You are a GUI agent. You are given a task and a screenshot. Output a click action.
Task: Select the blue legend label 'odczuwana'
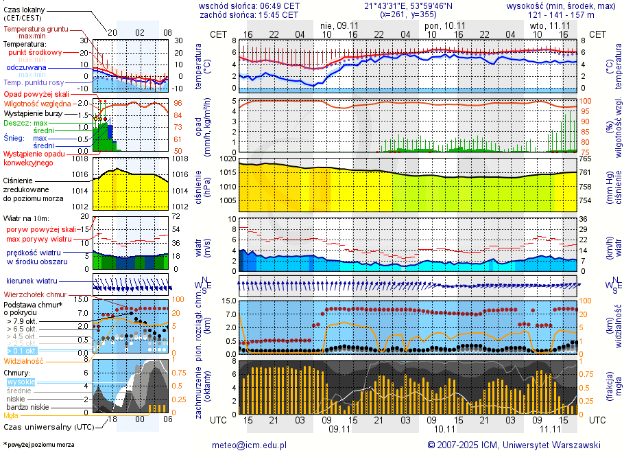pyautogui.click(x=26, y=68)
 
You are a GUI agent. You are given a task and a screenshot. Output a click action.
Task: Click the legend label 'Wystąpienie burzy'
pyautogui.click(x=32, y=113)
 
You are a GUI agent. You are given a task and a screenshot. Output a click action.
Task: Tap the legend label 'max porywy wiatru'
pyautogui.click(x=39, y=239)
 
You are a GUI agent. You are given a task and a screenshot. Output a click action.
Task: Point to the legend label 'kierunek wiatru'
pyautogui.click(x=32, y=281)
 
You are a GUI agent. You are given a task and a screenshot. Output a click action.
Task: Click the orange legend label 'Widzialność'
pyautogui.click(x=24, y=360)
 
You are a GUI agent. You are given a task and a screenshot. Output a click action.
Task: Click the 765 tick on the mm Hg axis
pyautogui.click(x=586, y=159)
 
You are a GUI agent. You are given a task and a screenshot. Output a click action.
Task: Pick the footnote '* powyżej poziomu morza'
pyautogui.click(x=38, y=445)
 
